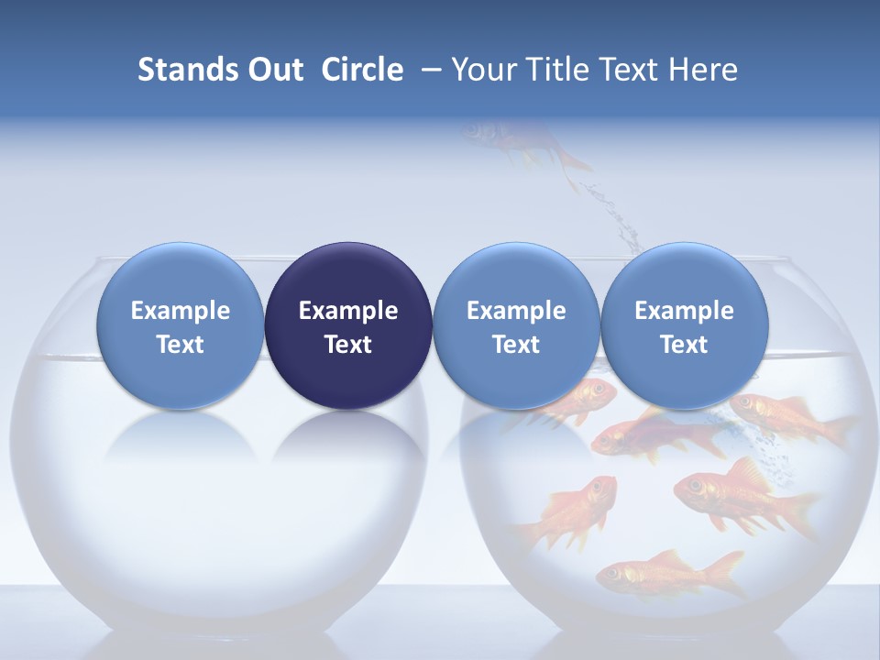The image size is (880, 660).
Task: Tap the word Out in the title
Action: click(274, 70)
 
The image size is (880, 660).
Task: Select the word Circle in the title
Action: click(362, 70)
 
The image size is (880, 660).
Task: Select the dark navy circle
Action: click(348, 325)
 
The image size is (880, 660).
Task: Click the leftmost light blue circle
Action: click(180, 325)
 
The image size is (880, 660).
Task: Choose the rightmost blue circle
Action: click(684, 325)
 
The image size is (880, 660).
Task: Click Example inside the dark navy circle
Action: click(348, 311)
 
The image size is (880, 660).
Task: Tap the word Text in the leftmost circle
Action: click(180, 345)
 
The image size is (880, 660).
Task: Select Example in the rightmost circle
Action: click(684, 311)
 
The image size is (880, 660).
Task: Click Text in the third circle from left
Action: click(516, 345)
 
